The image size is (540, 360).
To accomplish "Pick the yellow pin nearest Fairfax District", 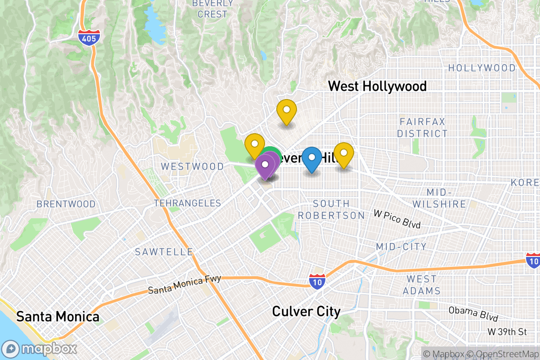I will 343,154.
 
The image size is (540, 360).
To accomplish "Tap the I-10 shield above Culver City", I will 318,280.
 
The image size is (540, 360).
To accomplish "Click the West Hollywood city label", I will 377,86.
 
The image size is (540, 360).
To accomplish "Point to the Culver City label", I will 306,311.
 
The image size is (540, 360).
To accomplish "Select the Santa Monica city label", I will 58,316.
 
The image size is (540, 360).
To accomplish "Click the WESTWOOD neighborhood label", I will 192,166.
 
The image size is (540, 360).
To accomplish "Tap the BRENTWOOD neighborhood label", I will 66,204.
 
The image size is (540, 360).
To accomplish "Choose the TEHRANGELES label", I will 188,203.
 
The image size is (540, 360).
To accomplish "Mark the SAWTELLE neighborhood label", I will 164,252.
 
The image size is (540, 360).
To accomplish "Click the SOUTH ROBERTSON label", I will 331,210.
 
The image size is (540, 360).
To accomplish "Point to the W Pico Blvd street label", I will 397,218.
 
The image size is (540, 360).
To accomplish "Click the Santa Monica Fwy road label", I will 184,285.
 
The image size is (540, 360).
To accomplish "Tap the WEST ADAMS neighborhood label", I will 422,285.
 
